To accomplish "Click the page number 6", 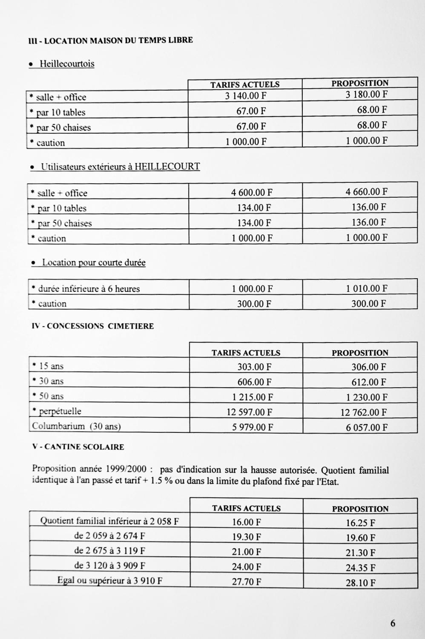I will coord(393,623).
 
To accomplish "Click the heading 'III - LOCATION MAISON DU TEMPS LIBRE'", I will coord(110,40).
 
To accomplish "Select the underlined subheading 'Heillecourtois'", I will coord(67,64).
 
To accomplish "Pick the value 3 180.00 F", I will coord(366,94).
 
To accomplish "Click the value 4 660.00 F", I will coord(366,192).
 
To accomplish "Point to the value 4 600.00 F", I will coord(252,193).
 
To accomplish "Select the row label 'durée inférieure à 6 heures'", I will coord(89,289).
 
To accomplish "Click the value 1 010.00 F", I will coord(366,288).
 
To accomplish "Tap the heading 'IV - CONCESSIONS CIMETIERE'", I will coord(93,326).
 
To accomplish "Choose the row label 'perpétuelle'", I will coord(60,412).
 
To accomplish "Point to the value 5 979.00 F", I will coord(252,427).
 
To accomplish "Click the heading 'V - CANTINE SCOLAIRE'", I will coord(78,447).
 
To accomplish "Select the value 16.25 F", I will coord(360,523).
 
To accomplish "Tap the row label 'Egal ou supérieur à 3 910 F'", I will coord(110,581).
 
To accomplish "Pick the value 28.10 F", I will coord(360,583).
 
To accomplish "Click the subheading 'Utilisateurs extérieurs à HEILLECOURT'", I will coord(120,167).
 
